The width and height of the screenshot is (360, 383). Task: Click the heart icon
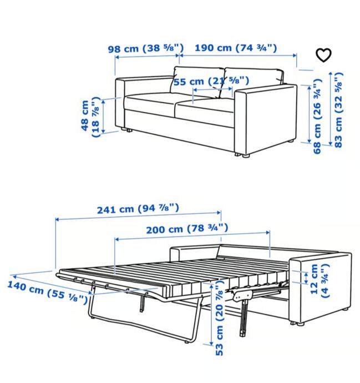(323, 55)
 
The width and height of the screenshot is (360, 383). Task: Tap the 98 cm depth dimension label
(146, 48)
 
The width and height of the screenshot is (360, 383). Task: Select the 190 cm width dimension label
(236, 48)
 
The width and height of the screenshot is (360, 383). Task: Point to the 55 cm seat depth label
(211, 81)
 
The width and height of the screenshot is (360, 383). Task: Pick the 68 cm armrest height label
(317, 116)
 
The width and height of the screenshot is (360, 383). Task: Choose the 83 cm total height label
(338, 110)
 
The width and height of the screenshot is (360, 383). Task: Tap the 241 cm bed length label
(138, 209)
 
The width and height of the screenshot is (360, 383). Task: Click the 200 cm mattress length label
(187, 229)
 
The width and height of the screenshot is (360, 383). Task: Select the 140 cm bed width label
(47, 292)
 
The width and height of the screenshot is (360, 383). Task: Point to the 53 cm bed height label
(220, 318)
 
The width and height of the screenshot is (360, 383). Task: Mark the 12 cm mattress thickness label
(320, 281)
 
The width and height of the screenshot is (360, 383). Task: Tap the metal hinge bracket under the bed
(243, 295)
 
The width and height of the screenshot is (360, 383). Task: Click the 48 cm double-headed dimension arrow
(104, 117)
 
